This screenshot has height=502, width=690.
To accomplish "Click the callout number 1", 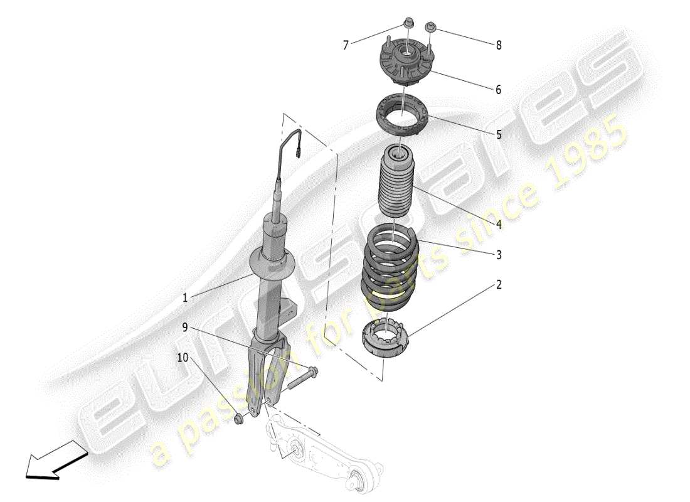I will [185, 299].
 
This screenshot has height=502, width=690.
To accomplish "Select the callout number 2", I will [499, 285].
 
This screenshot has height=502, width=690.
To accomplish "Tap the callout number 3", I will [499, 255].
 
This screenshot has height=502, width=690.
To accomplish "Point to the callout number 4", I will [499, 224].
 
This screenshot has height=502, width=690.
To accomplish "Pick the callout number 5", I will [499, 134].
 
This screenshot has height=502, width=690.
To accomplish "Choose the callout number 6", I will [499, 90].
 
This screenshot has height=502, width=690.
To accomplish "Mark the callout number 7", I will [345, 45].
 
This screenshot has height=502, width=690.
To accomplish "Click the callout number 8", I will [499, 45].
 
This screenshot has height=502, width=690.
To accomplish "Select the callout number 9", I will [185, 326].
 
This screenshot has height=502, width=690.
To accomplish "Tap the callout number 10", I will [183, 358].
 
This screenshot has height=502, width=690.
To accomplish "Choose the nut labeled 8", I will [430, 28].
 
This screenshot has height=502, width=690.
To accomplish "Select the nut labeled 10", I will [238, 419].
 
